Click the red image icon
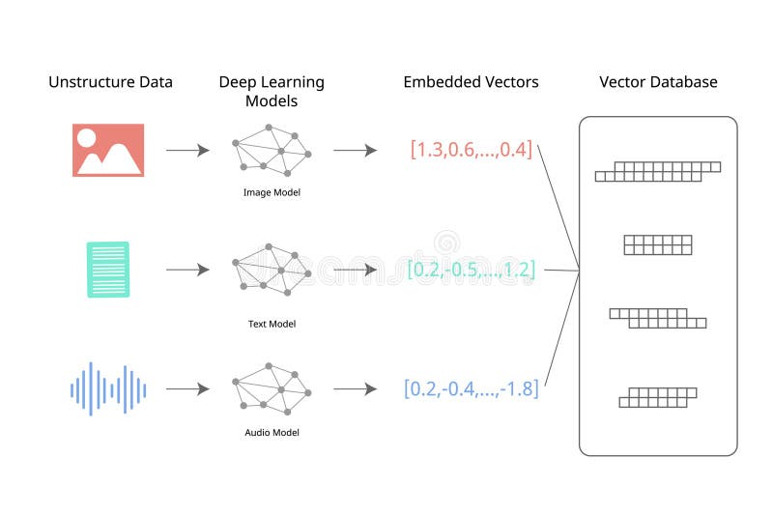[x=108, y=150]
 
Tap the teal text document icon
[x=108, y=270]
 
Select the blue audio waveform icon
[x=108, y=389]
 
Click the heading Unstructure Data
[x=111, y=82]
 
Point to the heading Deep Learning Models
[x=272, y=91]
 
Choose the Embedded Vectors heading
[x=471, y=82]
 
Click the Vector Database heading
[x=658, y=82]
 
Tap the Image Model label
[x=272, y=192]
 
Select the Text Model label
[x=272, y=324]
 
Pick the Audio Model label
[x=272, y=432]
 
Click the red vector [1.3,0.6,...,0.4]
[x=471, y=150]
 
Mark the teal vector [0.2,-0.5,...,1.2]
[x=471, y=270]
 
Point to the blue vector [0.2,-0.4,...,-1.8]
[x=471, y=389]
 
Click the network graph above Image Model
[x=272, y=152]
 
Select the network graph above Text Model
[x=272, y=272]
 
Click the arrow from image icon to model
[x=187, y=151]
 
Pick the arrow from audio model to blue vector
[x=355, y=389]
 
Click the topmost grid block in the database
[x=658, y=172]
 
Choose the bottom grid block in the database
[x=657, y=396]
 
